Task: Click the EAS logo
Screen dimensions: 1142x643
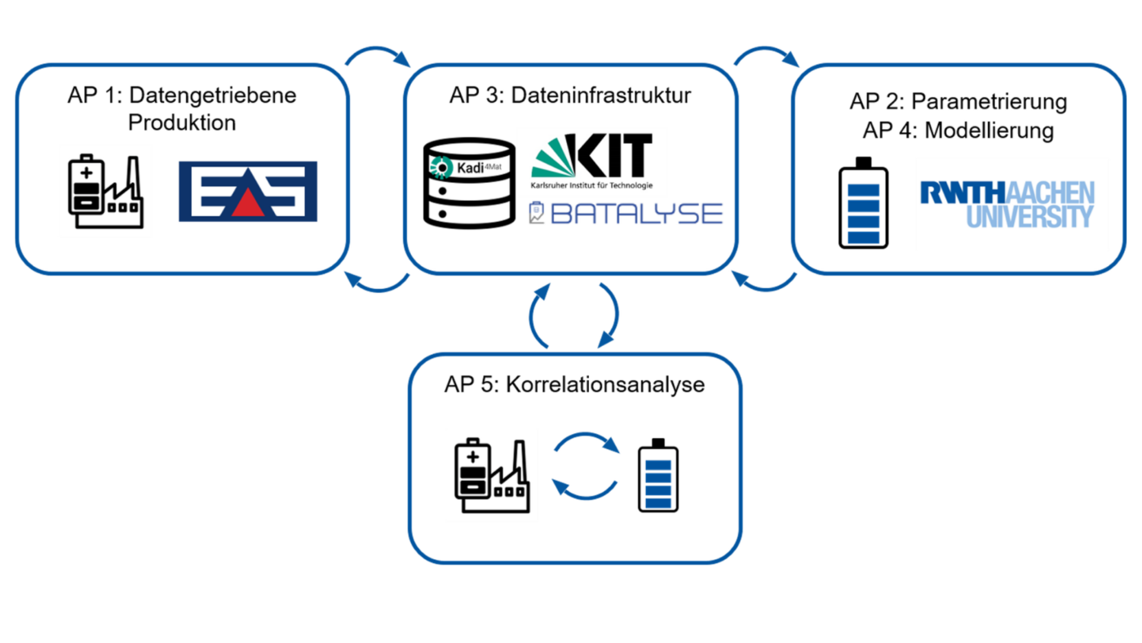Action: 248,192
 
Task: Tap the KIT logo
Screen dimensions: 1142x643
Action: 592,161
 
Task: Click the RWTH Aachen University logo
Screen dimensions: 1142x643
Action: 1007,204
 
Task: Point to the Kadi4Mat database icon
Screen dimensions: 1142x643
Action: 469,183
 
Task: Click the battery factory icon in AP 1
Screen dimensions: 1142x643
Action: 106,191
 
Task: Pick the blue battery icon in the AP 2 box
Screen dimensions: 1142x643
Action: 864,203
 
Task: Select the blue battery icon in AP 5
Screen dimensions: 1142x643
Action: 658,475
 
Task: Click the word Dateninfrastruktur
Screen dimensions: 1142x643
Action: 601,95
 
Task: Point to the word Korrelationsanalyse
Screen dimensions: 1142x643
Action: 605,384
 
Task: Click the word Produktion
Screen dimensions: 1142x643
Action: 182,122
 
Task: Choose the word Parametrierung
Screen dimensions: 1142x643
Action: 989,101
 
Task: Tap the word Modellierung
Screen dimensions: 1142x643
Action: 989,130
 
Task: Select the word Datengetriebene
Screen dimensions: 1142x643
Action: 213,95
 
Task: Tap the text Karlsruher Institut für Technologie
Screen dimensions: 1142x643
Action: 591,185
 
